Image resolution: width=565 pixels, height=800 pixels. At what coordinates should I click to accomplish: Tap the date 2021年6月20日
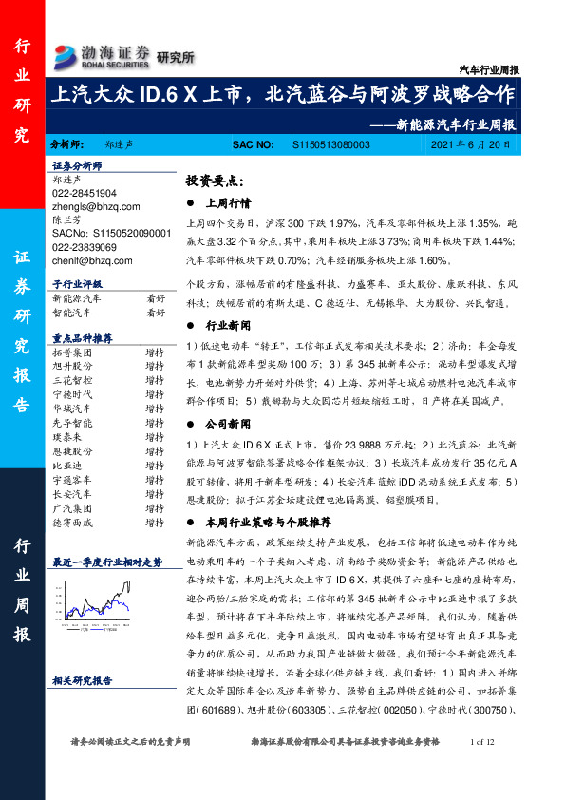tap(469, 145)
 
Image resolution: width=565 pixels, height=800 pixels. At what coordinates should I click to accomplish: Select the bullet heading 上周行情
tap(227, 203)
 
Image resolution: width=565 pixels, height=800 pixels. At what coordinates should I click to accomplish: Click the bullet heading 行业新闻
tap(227, 326)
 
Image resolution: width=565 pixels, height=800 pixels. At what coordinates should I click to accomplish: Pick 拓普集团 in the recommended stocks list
tap(72, 352)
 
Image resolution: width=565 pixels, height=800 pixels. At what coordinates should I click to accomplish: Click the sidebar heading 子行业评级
tap(78, 284)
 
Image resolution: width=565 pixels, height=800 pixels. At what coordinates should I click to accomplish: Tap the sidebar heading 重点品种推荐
tap(83, 338)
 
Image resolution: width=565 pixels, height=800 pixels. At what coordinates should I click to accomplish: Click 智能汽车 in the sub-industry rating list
tap(72, 312)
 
